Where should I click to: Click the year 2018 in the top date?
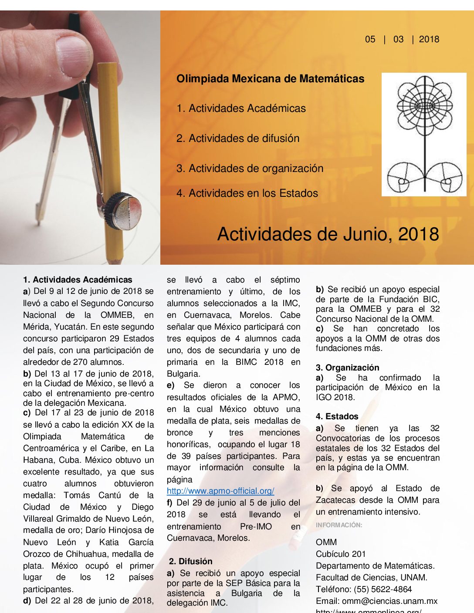point(429,39)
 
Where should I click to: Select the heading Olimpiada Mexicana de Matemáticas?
point(270,79)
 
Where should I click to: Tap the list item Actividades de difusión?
point(238,138)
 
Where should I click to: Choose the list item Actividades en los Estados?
point(247,193)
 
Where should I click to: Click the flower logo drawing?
point(424,134)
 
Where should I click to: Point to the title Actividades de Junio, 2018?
point(328,234)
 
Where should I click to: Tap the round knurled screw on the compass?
point(125,211)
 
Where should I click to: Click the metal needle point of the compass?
point(38,223)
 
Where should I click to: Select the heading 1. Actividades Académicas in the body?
point(78,280)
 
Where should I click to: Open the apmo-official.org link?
point(220,491)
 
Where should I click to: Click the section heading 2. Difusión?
point(191,561)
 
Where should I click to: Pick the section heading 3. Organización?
point(347,367)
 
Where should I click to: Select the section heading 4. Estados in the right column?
point(337,416)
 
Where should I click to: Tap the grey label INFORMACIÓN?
point(339,525)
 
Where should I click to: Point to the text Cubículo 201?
point(341,554)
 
